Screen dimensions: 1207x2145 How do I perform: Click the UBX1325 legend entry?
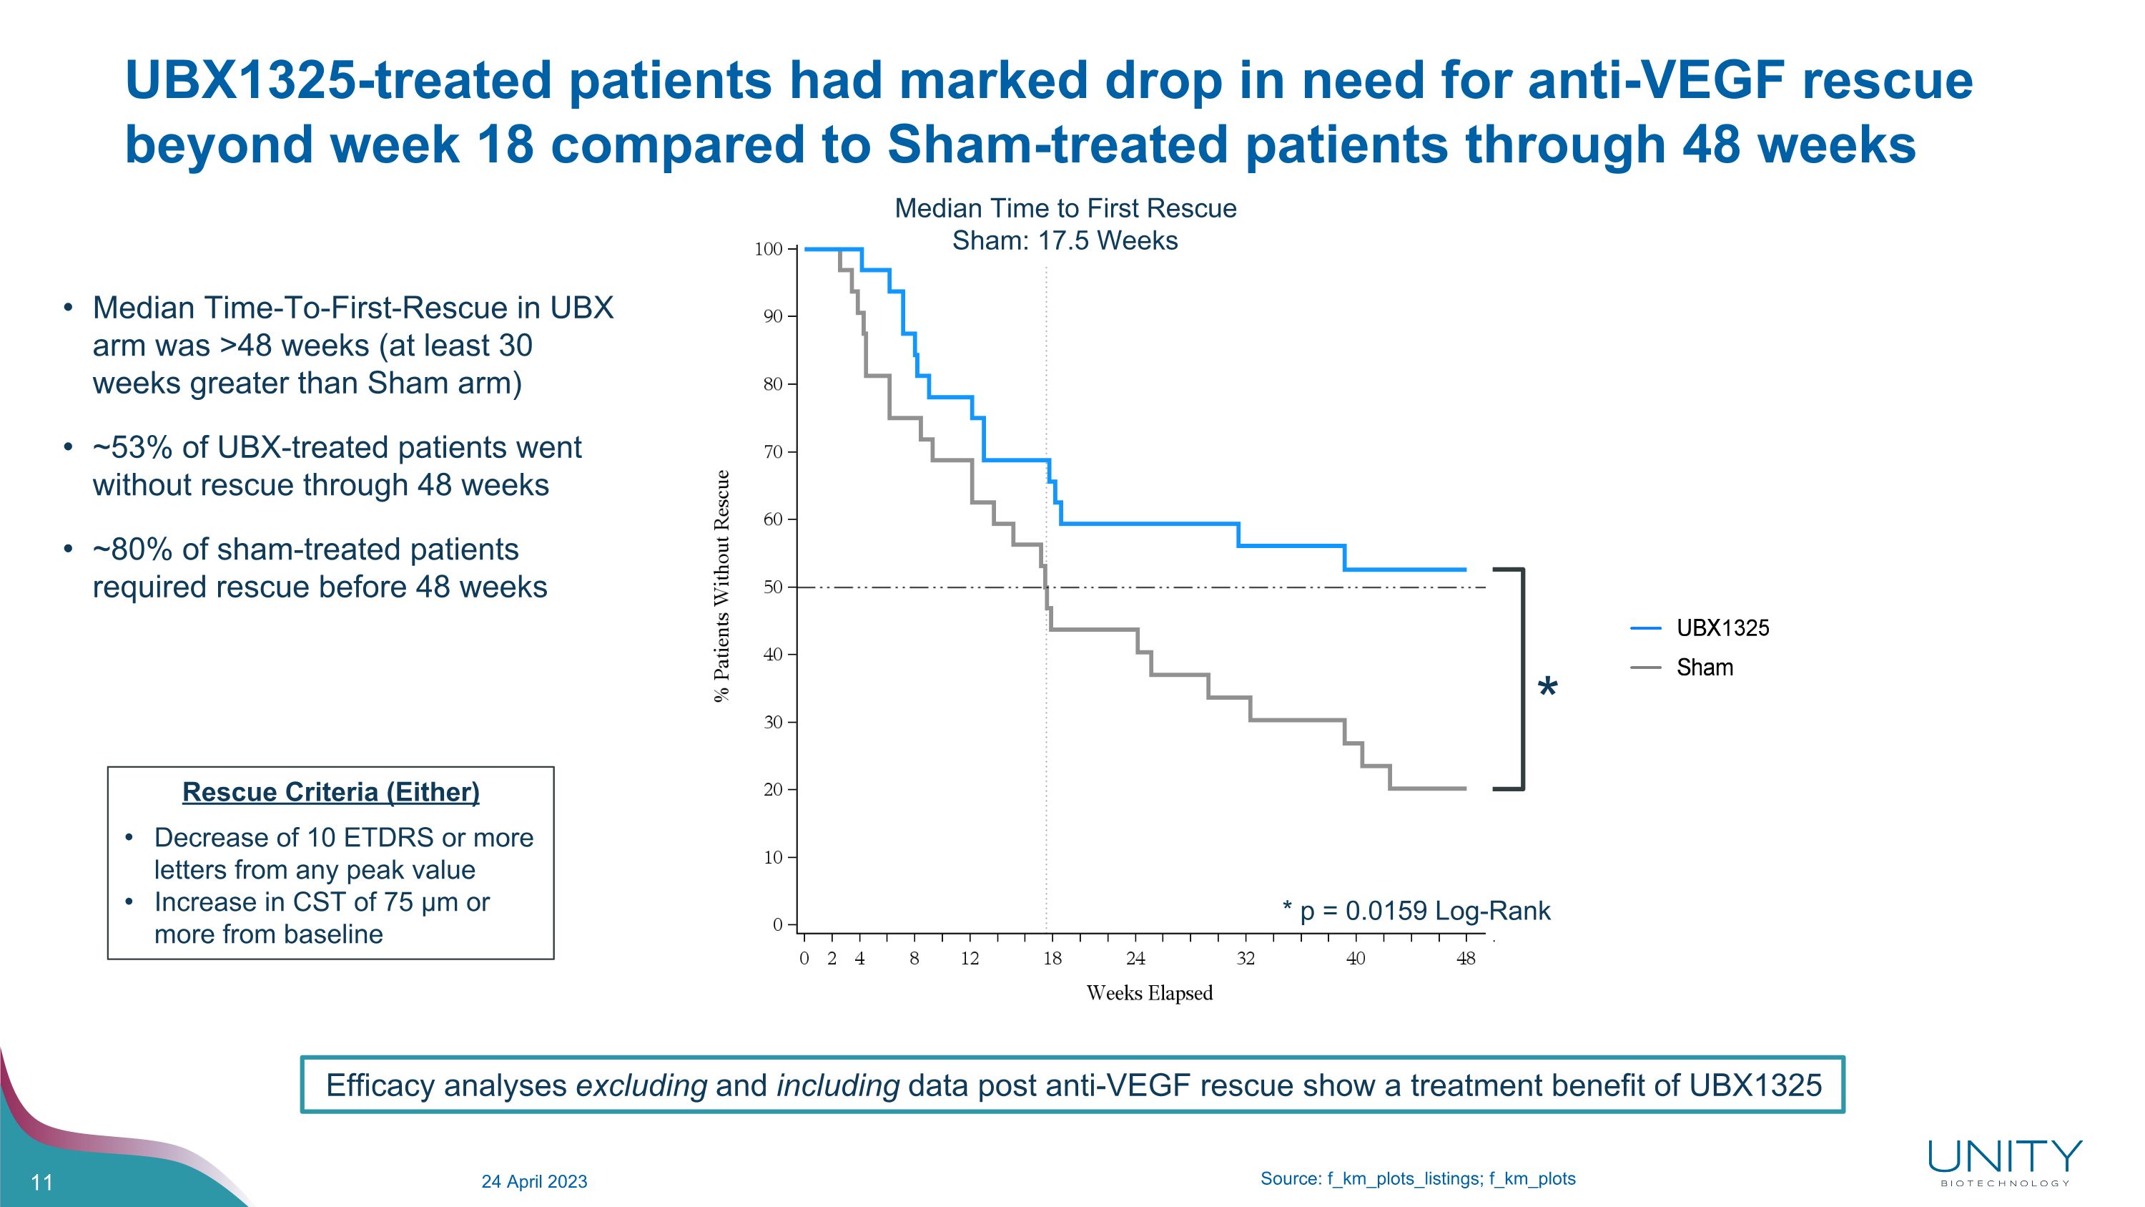click(x=1722, y=628)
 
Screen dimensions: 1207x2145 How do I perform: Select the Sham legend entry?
click(x=1704, y=668)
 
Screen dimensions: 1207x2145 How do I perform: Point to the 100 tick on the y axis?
click(x=769, y=249)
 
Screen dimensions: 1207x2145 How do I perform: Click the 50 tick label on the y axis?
click(x=773, y=587)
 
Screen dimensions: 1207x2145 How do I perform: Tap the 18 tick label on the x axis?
click(x=1052, y=959)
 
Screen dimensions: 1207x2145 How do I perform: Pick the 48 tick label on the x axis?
click(x=1466, y=959)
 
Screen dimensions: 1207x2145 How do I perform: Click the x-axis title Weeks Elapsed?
click(x=1149, y=993)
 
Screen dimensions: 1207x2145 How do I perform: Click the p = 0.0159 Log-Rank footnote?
click(x=1416, y=911)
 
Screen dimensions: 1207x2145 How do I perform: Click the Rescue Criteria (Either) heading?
click(x=330, y=792)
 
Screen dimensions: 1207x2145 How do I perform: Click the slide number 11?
click(x=41, y=1182)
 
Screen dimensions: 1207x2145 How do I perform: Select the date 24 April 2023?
click(x=534, y=1181)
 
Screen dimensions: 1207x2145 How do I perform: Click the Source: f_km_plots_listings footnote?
click(x=1417, y=1178)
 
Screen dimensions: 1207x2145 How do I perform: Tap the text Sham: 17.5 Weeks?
click(x=1064, y=240)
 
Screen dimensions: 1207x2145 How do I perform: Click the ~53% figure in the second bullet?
click(x=132, y=448)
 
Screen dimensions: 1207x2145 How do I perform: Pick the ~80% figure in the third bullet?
click(x=132, y=549)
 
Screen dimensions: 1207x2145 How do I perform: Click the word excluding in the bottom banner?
click(x=641, y=1085)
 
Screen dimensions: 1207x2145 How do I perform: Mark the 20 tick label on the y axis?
click(x=773, y=790)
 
